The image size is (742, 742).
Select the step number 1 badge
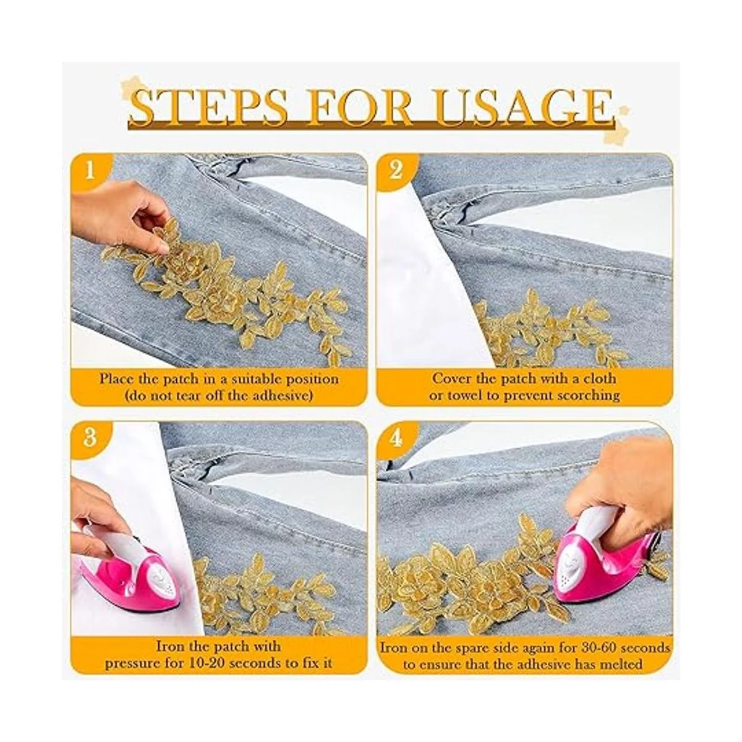tap(90, 171)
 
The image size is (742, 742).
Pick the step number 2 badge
tap(396, 171)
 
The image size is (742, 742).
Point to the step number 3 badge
tap(90, 438)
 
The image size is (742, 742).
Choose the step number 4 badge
tap(396, 438)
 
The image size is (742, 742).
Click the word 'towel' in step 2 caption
tap(465, 395)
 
